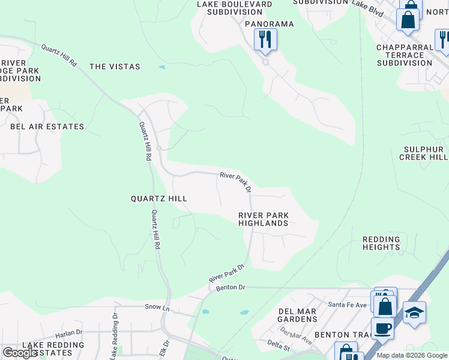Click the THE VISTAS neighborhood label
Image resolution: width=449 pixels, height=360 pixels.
115,67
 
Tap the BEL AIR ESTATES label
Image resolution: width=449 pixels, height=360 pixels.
47,127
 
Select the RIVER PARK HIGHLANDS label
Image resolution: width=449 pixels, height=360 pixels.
264,219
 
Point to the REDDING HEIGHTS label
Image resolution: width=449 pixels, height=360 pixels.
381,243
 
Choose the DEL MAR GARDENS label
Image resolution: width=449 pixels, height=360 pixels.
298,316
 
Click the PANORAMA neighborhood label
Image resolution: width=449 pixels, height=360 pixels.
269,24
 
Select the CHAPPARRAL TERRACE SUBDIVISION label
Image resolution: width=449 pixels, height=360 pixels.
405,55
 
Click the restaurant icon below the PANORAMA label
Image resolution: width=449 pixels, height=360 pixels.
265,40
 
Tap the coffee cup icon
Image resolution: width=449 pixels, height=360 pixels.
382,329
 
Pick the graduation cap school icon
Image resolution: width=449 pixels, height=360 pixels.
414,313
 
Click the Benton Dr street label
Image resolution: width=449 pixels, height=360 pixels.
231,288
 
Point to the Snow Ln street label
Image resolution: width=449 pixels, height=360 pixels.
154,307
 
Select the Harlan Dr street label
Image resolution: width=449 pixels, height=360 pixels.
69,332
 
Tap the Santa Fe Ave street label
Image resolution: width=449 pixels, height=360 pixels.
347,305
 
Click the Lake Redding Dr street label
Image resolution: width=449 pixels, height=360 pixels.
113,336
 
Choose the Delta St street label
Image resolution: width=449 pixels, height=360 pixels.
279,347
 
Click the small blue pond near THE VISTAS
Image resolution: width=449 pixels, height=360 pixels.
162,67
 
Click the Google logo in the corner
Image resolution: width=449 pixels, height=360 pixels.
20,353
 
